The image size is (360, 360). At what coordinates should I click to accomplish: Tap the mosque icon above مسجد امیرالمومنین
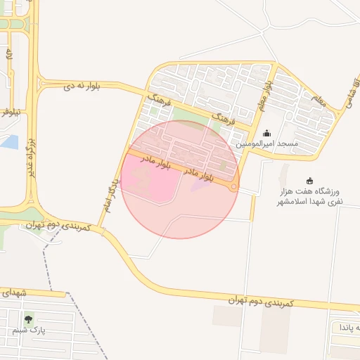266,132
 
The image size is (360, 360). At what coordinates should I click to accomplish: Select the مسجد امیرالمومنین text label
267,143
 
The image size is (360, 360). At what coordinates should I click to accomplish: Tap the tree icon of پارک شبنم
28,319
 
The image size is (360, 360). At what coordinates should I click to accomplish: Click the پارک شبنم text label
28,330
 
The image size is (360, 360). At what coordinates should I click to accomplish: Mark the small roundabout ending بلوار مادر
233,187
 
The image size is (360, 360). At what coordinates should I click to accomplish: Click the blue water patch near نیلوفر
10,141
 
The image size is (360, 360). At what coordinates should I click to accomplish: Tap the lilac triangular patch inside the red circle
200,184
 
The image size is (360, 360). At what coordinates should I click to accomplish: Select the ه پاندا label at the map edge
348,328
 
